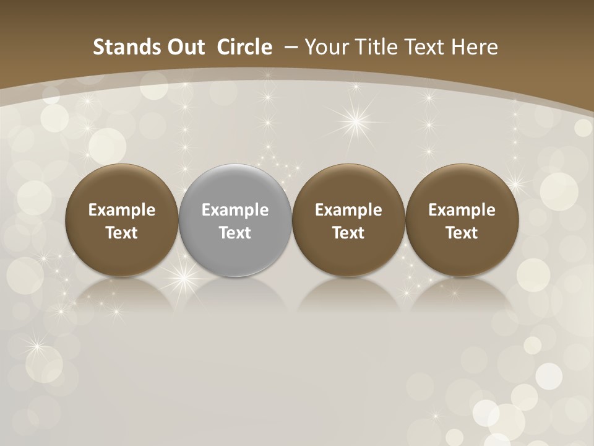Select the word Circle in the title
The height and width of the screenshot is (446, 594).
coord(244,47)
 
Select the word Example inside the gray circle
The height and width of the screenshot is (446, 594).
coord(235,210)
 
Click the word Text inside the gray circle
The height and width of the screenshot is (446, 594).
coord(235,233)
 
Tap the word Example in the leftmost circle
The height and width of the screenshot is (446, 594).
coord(122,210)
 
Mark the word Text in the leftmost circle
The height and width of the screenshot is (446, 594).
coord(122,233)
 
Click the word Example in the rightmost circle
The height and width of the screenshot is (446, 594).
coord(462,210)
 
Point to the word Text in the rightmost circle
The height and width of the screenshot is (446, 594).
coord(462,233)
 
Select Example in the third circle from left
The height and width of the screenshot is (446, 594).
coord(348,210)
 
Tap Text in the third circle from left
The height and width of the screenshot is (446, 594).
coord(348,233)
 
